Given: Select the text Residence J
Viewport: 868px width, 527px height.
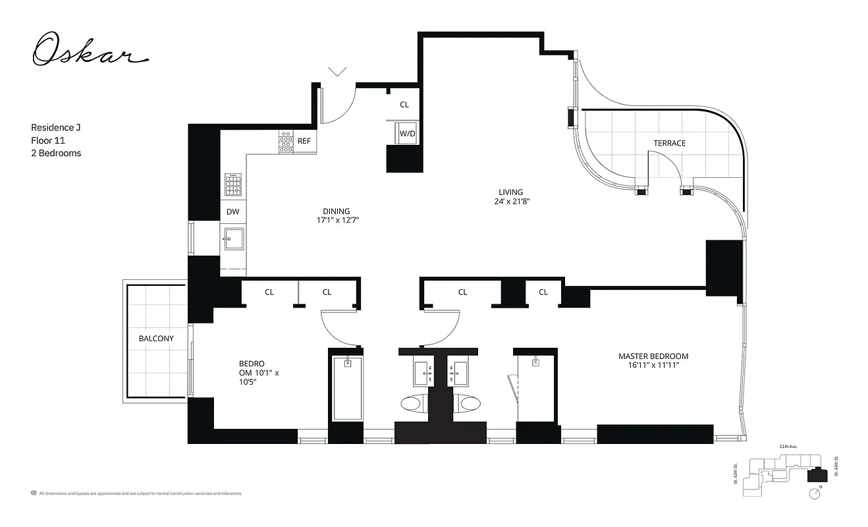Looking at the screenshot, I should tap(56, 128).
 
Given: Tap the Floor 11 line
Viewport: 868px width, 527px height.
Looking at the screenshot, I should tap(48, 140).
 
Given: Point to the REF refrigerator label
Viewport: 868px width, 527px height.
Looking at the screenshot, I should tap(304, 141).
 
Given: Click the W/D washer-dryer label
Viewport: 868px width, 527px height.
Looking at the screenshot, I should tap(408, 134).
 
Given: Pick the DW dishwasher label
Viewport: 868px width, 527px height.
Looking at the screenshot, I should tap(232, 212).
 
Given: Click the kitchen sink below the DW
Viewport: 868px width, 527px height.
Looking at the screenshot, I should tap(233, 238).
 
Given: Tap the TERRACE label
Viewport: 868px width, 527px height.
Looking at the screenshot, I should tap(669, 143).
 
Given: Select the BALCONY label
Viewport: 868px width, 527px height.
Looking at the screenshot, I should tap(156, 339).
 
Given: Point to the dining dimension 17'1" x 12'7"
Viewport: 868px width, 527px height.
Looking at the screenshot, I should tap(336, 221).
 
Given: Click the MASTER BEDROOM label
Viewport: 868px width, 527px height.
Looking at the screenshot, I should tap(653, 356).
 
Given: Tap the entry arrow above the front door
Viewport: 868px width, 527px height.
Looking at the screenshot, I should tap(338, 72).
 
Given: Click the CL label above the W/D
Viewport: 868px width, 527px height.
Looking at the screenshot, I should tap(404, 105).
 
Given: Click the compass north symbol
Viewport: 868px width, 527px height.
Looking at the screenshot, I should tap(816, 492).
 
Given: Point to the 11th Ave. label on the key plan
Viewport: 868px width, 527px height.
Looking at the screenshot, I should tap(788, 447).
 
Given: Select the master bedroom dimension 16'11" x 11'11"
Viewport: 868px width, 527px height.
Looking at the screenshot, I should tap(653, 366).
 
